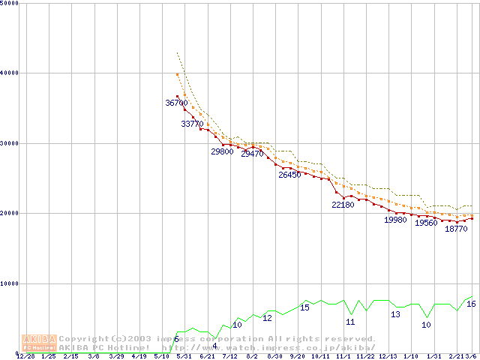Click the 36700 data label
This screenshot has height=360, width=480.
point(176,103)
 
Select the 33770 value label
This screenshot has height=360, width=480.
point(192,124)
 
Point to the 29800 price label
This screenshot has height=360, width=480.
point(222,151)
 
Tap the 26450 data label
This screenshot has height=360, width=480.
point(289,175)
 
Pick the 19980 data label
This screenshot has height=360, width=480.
point(395,220)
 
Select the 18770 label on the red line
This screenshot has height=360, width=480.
point(456,229)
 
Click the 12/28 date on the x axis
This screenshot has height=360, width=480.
point(25,357)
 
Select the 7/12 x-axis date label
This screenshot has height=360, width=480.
point(229,357)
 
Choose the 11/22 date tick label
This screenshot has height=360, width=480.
point(366,357)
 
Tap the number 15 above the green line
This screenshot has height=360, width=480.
point(304,307)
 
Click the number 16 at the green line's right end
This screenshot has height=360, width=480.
point(471,304)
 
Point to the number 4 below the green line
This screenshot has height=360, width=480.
point(214,346)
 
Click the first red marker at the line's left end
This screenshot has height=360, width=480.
point(178,96)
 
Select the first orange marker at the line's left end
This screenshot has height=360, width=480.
point(177,74)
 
